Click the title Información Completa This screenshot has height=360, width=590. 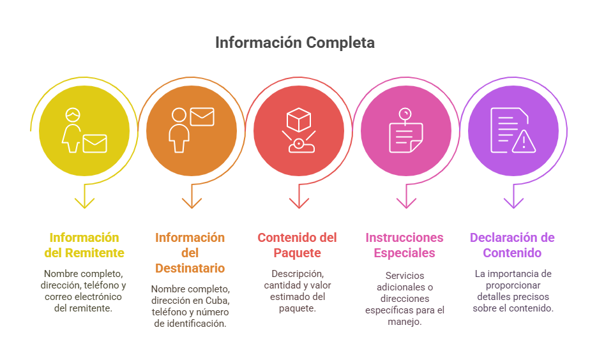[295, 43]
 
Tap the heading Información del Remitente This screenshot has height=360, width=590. [84, 245]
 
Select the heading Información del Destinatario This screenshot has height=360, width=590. [190, 253]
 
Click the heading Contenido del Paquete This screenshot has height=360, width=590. [298, 245]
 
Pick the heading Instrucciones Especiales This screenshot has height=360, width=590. [404, 245]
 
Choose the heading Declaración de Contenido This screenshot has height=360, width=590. [512, 245]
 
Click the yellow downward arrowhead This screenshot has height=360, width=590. [84, 203]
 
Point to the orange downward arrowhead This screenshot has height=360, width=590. [192, 203]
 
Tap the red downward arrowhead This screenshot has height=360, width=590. [299, 203]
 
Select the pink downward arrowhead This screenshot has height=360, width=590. [406, 203]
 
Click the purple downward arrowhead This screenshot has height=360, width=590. [513, 203]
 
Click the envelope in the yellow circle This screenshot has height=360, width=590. [95, 144]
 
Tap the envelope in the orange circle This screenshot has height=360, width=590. [202, 117]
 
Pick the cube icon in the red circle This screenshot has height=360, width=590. [299, 120]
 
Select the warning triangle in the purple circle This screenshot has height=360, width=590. [524, 142]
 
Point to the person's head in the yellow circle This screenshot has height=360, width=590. [73, 115]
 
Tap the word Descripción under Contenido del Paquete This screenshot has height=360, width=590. [298, 274]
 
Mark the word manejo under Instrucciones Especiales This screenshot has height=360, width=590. [404, 322]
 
